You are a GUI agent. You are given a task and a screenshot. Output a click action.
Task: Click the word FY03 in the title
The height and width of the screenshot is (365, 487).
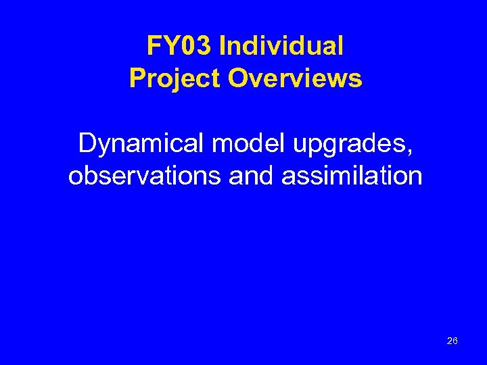click(179, 46)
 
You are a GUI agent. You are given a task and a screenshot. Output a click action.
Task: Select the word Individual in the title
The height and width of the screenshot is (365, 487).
click(282, 46)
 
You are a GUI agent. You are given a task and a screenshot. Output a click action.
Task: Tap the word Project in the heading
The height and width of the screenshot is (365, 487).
click(175, 78)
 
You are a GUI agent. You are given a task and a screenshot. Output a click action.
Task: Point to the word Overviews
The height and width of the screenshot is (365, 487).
click(296, 78)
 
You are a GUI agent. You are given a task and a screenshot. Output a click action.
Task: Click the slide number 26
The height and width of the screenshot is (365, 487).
click(452, 341)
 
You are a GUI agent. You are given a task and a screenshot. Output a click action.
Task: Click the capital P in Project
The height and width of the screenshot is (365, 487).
click(137, 78)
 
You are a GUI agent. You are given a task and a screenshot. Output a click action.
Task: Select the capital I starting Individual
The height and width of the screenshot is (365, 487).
click(224, 46)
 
